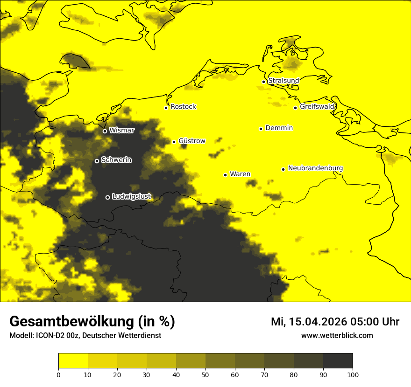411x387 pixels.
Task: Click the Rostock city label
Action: point(183,107)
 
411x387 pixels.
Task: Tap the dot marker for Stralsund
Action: point(263,82)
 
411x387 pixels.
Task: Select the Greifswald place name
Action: point(317,107)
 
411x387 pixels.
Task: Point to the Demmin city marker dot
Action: point(261,129)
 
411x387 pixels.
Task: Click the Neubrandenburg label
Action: point(315,168)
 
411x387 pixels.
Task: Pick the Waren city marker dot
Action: point(225,175)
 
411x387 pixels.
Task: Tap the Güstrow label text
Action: point(191,141)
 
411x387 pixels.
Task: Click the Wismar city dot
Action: point(105,131)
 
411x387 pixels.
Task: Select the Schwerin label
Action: point(116,160)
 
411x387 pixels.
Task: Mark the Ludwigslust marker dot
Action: point(107,197)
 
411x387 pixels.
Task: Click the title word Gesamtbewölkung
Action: point(72,322)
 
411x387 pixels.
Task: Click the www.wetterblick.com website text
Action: point(337,336)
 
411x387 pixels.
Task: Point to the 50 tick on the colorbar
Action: point(205,374)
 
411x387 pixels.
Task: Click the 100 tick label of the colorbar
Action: point(353,374)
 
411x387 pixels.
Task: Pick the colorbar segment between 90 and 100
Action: point(338,360)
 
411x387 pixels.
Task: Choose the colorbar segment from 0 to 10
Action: point(73,360)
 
